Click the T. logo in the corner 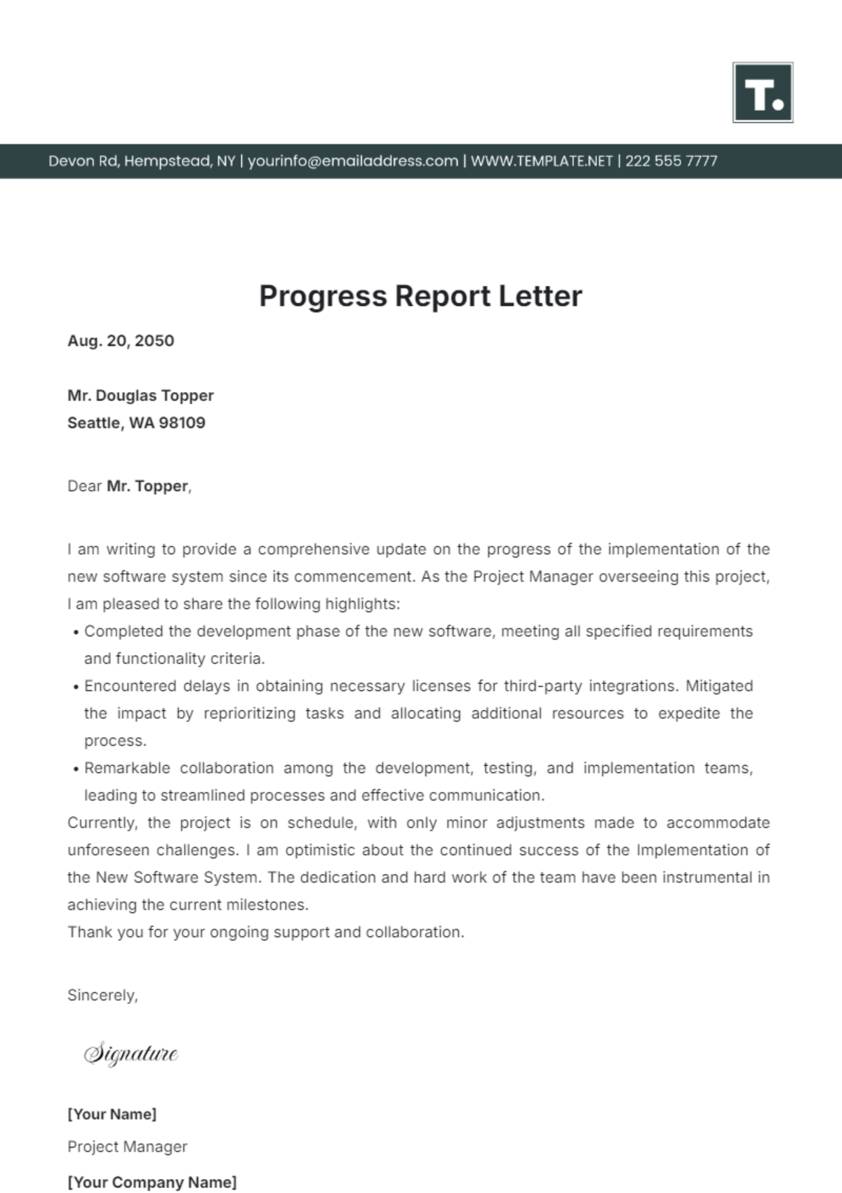[763, 93]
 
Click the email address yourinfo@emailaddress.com [353, 161]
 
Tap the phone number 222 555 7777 [671, 161]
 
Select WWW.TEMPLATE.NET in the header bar [542, 161]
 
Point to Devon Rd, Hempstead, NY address [142, 161]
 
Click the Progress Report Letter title [420, 296]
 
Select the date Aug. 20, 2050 [121, 341]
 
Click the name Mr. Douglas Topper [140, 396]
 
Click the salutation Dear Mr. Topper [129, 486]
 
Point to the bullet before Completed [75, 633]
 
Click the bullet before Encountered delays [75, 687]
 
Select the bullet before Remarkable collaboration [75, 769]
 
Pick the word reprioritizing [250, 713]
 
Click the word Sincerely [102, 995]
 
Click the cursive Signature [131, 1054]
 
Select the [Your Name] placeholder [112, 1114]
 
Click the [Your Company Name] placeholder [152, 1182]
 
